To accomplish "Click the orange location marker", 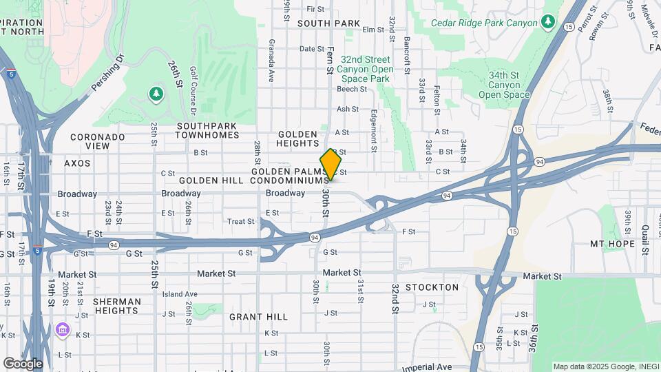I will pos(330,165).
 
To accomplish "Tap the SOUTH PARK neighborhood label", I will pos(328,23).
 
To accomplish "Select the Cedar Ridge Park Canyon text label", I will pos(483,22).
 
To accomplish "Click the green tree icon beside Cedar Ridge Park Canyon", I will pos(547,22).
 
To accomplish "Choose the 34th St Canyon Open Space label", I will pos(505,85).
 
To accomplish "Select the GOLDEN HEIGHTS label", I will pos(297,138).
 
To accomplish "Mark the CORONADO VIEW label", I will pos(98,141).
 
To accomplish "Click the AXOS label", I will pos(77,163).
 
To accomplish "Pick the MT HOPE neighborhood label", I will pos(613,244).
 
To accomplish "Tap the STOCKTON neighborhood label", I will pos(432,287).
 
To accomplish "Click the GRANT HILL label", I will pos(258,317).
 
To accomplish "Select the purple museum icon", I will pos(63,330).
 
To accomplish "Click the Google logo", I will pos(23,363).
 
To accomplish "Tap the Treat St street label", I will pos(241,222).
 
